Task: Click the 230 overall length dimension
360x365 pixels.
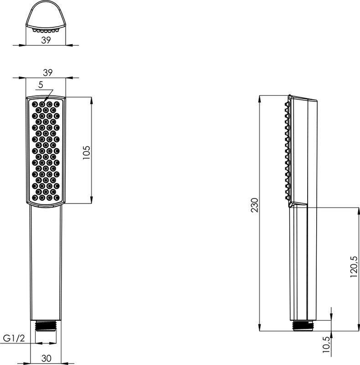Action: point(255,205)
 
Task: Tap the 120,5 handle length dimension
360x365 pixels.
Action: point(354,266)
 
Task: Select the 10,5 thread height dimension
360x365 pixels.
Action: point(326,344)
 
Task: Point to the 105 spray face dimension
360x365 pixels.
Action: point(86,152)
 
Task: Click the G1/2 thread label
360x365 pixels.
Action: point(14,338)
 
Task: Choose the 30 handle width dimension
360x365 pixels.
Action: point(46,358)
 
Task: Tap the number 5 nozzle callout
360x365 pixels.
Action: point(41,85)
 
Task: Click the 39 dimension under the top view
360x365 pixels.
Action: point(46,40)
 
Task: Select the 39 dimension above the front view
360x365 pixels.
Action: point(48,73)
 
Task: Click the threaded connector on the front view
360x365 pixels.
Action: point(46,325)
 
